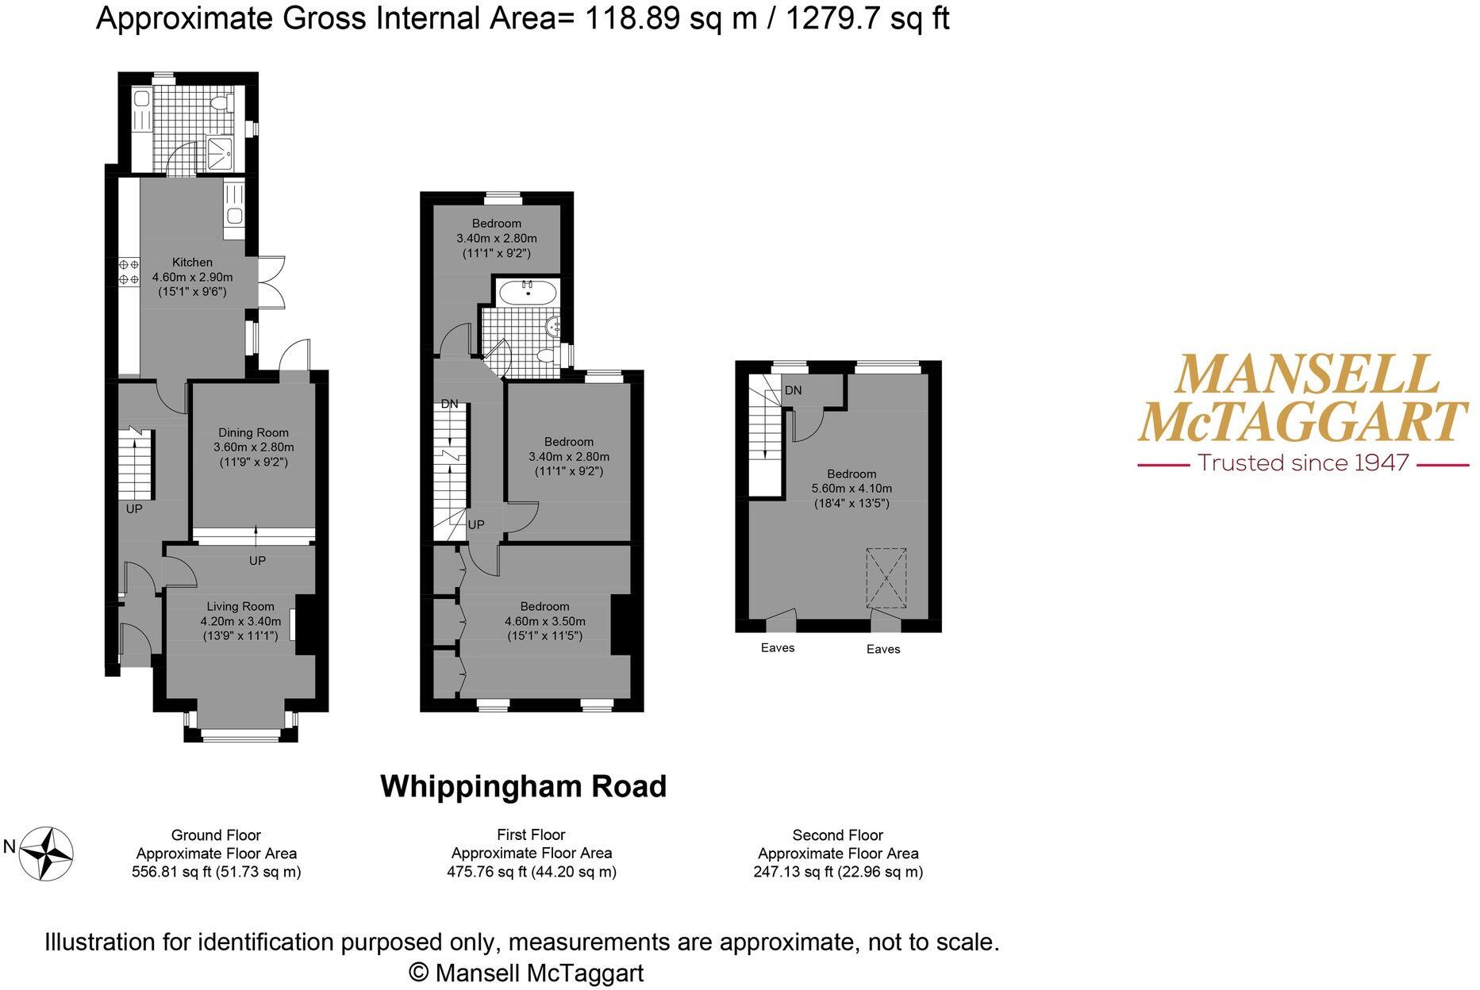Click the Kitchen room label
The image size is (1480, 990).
(192, 263)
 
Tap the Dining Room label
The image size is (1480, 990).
(253, 433)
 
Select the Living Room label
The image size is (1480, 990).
(240, 607)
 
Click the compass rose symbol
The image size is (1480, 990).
(46, 854)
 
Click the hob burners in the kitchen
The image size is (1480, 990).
(129, 271)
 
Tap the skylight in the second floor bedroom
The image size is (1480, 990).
(885, 577)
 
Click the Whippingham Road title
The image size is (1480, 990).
(524, 787)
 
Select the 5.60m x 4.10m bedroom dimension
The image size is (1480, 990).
(851, 489)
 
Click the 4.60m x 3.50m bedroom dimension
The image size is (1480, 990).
(545, 621)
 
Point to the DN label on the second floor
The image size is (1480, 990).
(793, 390)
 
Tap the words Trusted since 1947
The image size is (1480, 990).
(1303, 462)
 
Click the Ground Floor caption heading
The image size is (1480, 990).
(216, 835)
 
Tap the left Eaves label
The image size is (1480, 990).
(778, 648)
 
